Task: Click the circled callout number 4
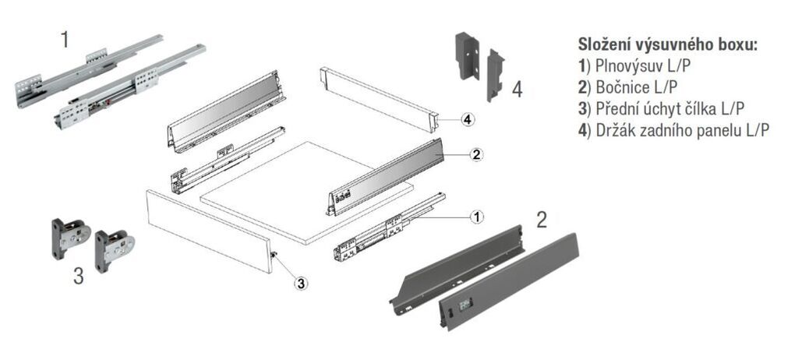pos(466,119)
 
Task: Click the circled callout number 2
pos(476,154)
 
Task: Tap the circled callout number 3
pos(300,283)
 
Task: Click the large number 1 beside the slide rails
pos(65,40)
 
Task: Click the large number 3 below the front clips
pos(78,277)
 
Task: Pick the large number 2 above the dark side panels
pos(541,219)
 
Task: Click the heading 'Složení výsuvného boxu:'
pos(667,44)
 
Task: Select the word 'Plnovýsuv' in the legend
pos(630,65)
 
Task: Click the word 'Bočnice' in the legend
pos(622,86)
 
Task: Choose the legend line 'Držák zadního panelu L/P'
pos(674,130)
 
